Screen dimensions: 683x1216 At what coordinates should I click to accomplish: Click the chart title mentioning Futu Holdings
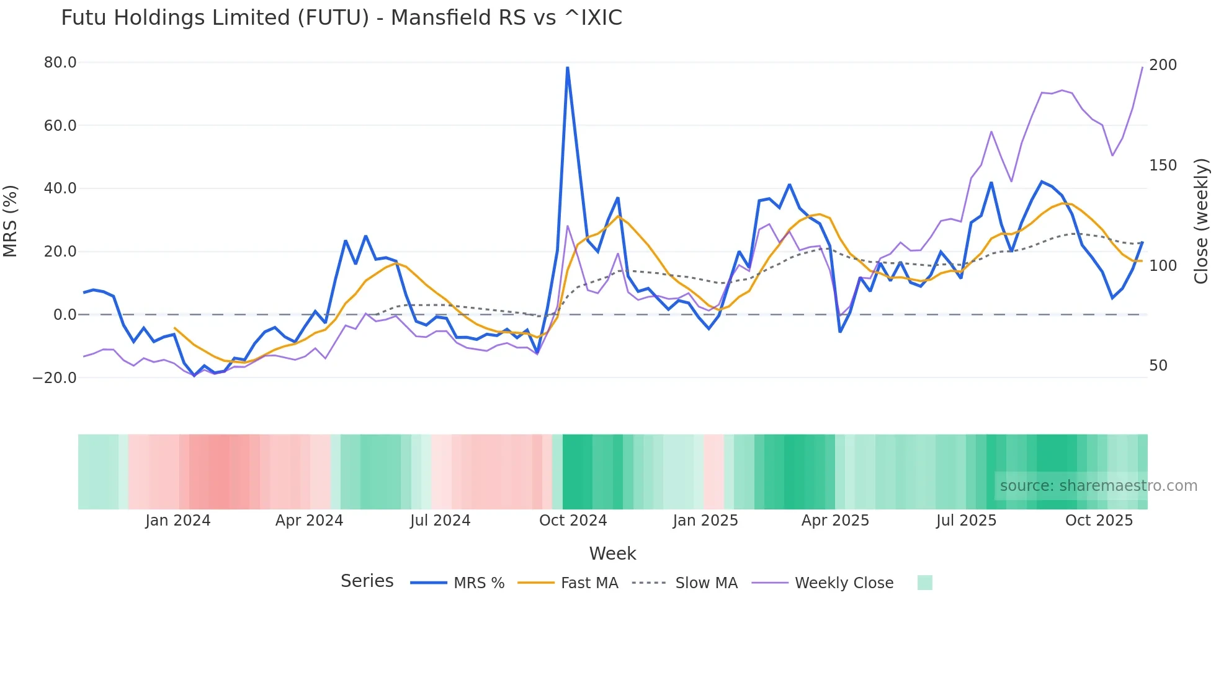[x=341, y=18]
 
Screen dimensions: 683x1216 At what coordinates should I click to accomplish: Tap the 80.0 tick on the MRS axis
[x=60, y=63]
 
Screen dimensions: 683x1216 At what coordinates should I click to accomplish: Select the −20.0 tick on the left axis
[x=55, y=377]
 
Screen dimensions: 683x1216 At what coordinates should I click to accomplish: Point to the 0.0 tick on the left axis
[x=65, y=315]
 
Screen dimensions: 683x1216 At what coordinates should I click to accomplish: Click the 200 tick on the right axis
[x=1163, y=65]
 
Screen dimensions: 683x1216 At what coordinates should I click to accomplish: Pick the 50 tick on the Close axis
[x=1158, y=366]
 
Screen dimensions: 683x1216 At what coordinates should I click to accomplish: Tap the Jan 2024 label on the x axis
[x=178, y=521]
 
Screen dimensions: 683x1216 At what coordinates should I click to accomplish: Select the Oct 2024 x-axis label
[x=573, y=521]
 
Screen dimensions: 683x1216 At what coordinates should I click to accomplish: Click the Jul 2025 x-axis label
[x=966, y=521]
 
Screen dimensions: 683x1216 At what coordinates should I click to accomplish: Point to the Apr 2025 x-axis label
[x=835, y=521]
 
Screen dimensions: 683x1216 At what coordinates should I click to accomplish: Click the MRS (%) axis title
[x=11, y=221]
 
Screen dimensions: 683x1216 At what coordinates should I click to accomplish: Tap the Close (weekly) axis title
[x=1202, y=221]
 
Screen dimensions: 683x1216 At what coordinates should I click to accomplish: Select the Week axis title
[x=612, y=553]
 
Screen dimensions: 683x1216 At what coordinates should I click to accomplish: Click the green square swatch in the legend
[x=924, y=583]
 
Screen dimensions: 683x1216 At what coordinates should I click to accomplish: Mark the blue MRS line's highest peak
[x=567, y=68]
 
